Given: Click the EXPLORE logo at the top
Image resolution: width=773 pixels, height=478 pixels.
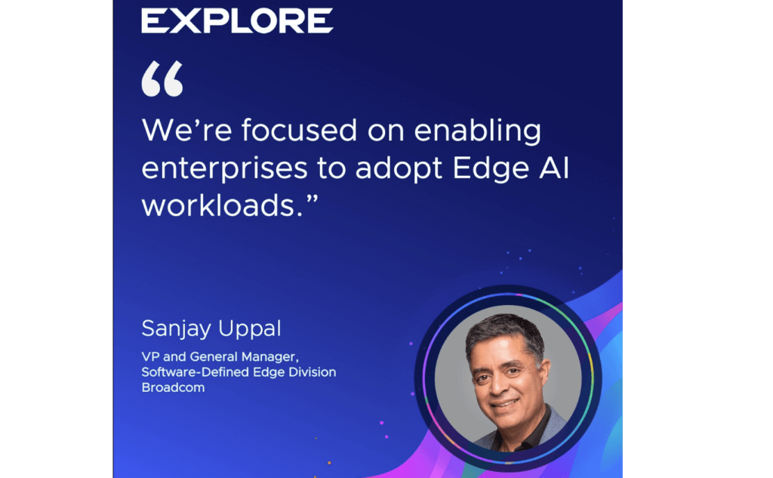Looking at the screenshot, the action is [x=237, y=20].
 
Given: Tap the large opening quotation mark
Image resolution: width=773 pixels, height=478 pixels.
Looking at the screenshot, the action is [x=162, y=79].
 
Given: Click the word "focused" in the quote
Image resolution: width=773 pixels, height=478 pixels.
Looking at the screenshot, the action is [x=299, y=130].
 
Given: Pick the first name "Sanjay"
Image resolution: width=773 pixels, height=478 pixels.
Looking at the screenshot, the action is [x=176, y=329].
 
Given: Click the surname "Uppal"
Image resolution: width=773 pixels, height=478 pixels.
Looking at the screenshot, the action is [x=249, y=329].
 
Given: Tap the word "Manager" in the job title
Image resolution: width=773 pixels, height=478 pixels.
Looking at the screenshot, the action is [x=269, y=356].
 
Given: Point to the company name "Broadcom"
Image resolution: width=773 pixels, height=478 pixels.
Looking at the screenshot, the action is [x=173, y=387].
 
